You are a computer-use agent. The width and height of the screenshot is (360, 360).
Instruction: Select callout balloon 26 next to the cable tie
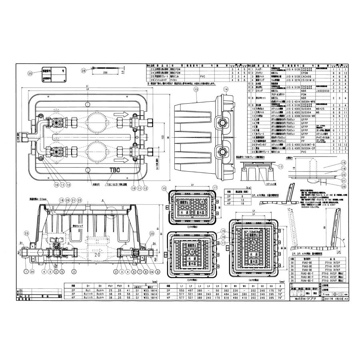[x=83, y=71]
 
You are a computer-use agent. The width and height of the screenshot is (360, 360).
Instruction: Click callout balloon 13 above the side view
[x=196, y=90]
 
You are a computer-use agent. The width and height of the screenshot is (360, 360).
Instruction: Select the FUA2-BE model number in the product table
[x=306, y=262]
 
